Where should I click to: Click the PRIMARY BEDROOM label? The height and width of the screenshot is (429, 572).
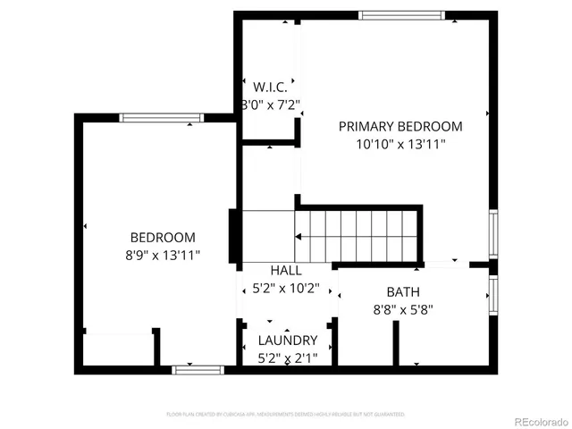point(400,126)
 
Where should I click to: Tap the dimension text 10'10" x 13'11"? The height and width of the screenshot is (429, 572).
point(400,143)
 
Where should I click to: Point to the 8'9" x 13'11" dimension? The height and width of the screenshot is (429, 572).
point(163,255)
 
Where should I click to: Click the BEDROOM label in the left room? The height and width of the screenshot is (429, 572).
point(163,238)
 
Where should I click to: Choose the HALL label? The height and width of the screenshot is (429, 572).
point(286,270)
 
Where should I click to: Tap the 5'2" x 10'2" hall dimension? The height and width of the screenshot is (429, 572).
point(286,289)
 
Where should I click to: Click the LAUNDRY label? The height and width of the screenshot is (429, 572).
point(287,341)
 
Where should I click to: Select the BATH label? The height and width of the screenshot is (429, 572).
point(403,292)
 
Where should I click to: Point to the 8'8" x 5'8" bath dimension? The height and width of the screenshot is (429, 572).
point(403,310)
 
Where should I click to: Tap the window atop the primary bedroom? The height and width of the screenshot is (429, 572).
point(400,15)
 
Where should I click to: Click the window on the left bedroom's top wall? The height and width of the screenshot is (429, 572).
point(161,117)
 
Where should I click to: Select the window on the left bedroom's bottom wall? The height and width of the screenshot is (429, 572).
point(198,368)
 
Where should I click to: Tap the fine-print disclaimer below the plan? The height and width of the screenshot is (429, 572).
point(286,415)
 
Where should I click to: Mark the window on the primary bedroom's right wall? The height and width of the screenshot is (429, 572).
point(492,233)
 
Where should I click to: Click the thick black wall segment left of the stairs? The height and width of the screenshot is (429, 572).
point(234,234)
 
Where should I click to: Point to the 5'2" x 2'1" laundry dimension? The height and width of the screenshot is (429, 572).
point(287,357)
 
